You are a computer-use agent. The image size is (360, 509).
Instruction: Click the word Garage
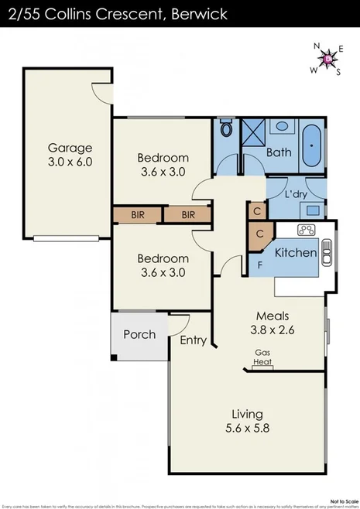(70, 148)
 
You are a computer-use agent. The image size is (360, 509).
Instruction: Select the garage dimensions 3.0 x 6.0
(70, 162)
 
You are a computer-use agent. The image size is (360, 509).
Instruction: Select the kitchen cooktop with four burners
(306, 230)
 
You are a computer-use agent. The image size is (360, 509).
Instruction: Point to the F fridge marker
(260, 265)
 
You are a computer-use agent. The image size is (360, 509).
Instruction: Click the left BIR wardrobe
(139, 214)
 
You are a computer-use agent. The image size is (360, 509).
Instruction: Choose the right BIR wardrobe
(188, 214)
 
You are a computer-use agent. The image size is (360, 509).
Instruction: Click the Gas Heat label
(263, 357)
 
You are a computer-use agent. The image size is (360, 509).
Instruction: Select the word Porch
(140, 335)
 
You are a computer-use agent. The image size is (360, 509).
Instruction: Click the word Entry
(192, 340)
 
